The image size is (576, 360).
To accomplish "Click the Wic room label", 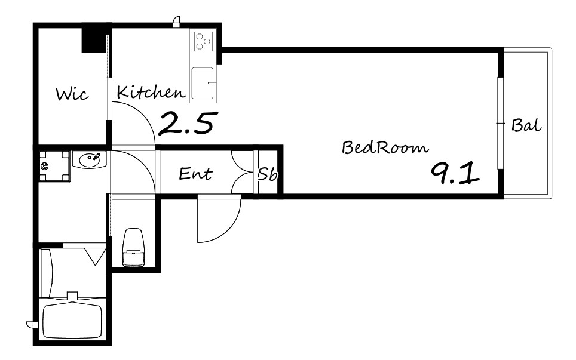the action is coord(72,94).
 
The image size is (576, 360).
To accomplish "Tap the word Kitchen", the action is coord(151,92).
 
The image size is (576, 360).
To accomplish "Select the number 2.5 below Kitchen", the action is coord(186,123).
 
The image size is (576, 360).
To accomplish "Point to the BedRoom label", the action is coord(385,147).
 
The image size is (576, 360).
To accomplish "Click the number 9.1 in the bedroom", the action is coord(455,174).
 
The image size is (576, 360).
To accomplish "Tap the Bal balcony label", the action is coord(526,125).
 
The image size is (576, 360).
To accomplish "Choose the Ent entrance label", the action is coord(195,174).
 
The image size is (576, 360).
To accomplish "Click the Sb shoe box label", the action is coord(267,175).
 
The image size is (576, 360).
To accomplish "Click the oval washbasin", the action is coord(88,159).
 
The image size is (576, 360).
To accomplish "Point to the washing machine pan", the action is coord(54,167).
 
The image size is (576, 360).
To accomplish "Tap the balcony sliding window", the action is coord(500,124).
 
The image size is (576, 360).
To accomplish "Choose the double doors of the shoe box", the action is coord(243,172).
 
